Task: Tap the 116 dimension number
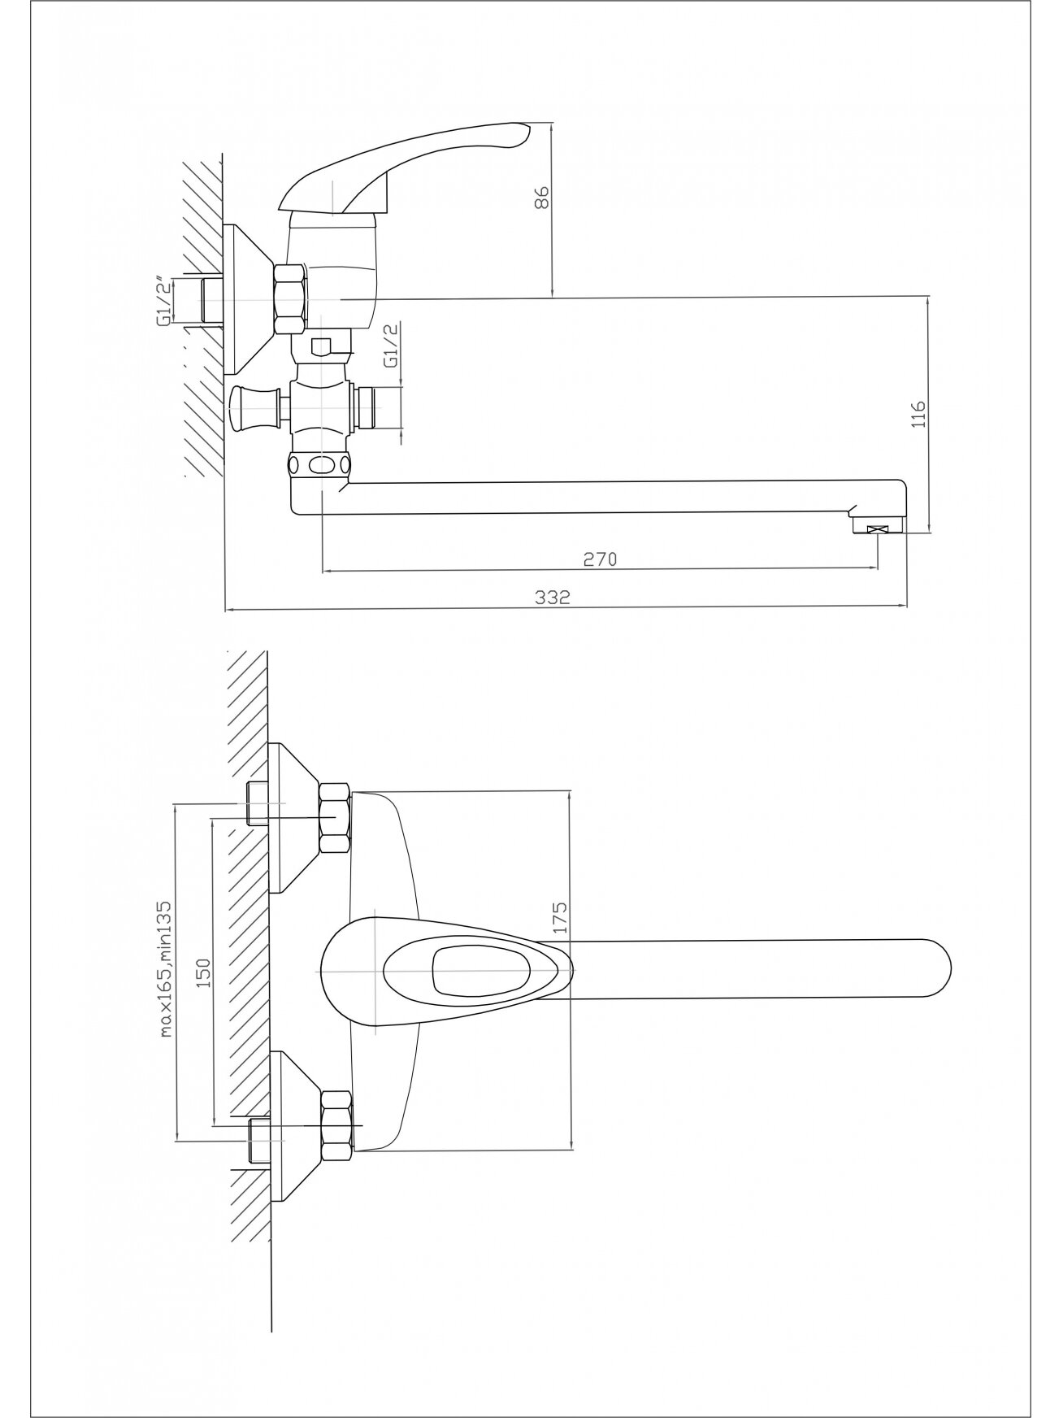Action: point(919,413)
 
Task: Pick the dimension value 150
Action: point(203,973)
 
